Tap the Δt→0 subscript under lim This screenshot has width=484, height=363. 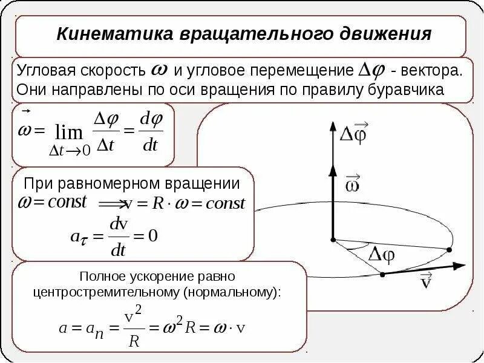(70, 151)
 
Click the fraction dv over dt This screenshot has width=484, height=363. (118, 237)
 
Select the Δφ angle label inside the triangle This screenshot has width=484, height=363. (382, 253)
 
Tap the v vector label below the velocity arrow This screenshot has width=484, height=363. (426, 283)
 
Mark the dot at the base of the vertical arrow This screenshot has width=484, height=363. (332, 240)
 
